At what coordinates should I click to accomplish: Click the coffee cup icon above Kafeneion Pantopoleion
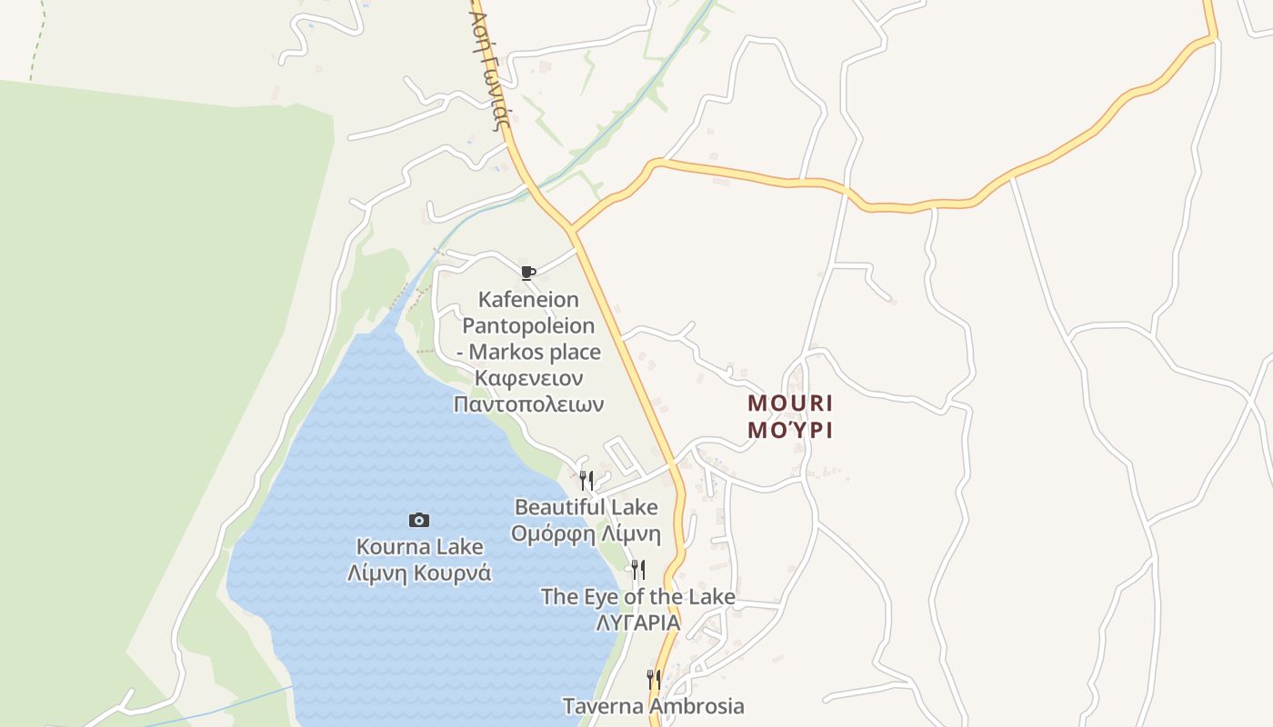point(527,273)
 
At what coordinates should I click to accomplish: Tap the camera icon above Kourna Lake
point(419,520)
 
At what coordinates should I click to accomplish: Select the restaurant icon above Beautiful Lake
point(586,480)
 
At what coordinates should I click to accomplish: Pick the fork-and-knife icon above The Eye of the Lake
point(638,570)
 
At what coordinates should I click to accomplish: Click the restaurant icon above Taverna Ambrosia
point(653,679)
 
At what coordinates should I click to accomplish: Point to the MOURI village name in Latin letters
point(790,403)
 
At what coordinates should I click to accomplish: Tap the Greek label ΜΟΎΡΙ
point(790,430)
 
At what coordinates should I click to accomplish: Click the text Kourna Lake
point(419,547)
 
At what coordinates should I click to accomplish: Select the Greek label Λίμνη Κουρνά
point(419,573)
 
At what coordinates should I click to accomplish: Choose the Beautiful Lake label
point(586,507)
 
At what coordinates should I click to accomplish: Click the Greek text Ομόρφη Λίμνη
point(586,533)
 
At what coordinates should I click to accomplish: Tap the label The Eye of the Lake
point(637,597)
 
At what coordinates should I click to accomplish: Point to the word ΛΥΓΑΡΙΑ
point(637,622)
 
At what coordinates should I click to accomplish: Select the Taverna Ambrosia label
point(653,706)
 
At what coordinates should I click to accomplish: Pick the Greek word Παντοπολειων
point(528,403)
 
